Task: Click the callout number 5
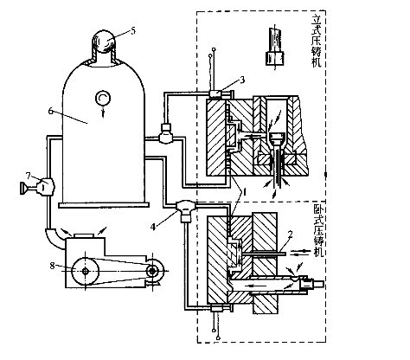click(132, 30)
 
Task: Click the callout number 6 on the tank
click(51, 111)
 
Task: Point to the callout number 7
click(28, 176)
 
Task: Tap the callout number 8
click(52, 266)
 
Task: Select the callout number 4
click(153, 227)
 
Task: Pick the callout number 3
click(242, 80)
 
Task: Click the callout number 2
click(291, 235)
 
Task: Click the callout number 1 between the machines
click(245, 192)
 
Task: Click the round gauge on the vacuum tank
click(103, 99)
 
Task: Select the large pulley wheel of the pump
click(85, 271)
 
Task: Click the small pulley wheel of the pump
click(152, 271)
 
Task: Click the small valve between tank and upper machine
click(166, 133)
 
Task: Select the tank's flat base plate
click(104, 205)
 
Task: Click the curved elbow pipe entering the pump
click(55, 238)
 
